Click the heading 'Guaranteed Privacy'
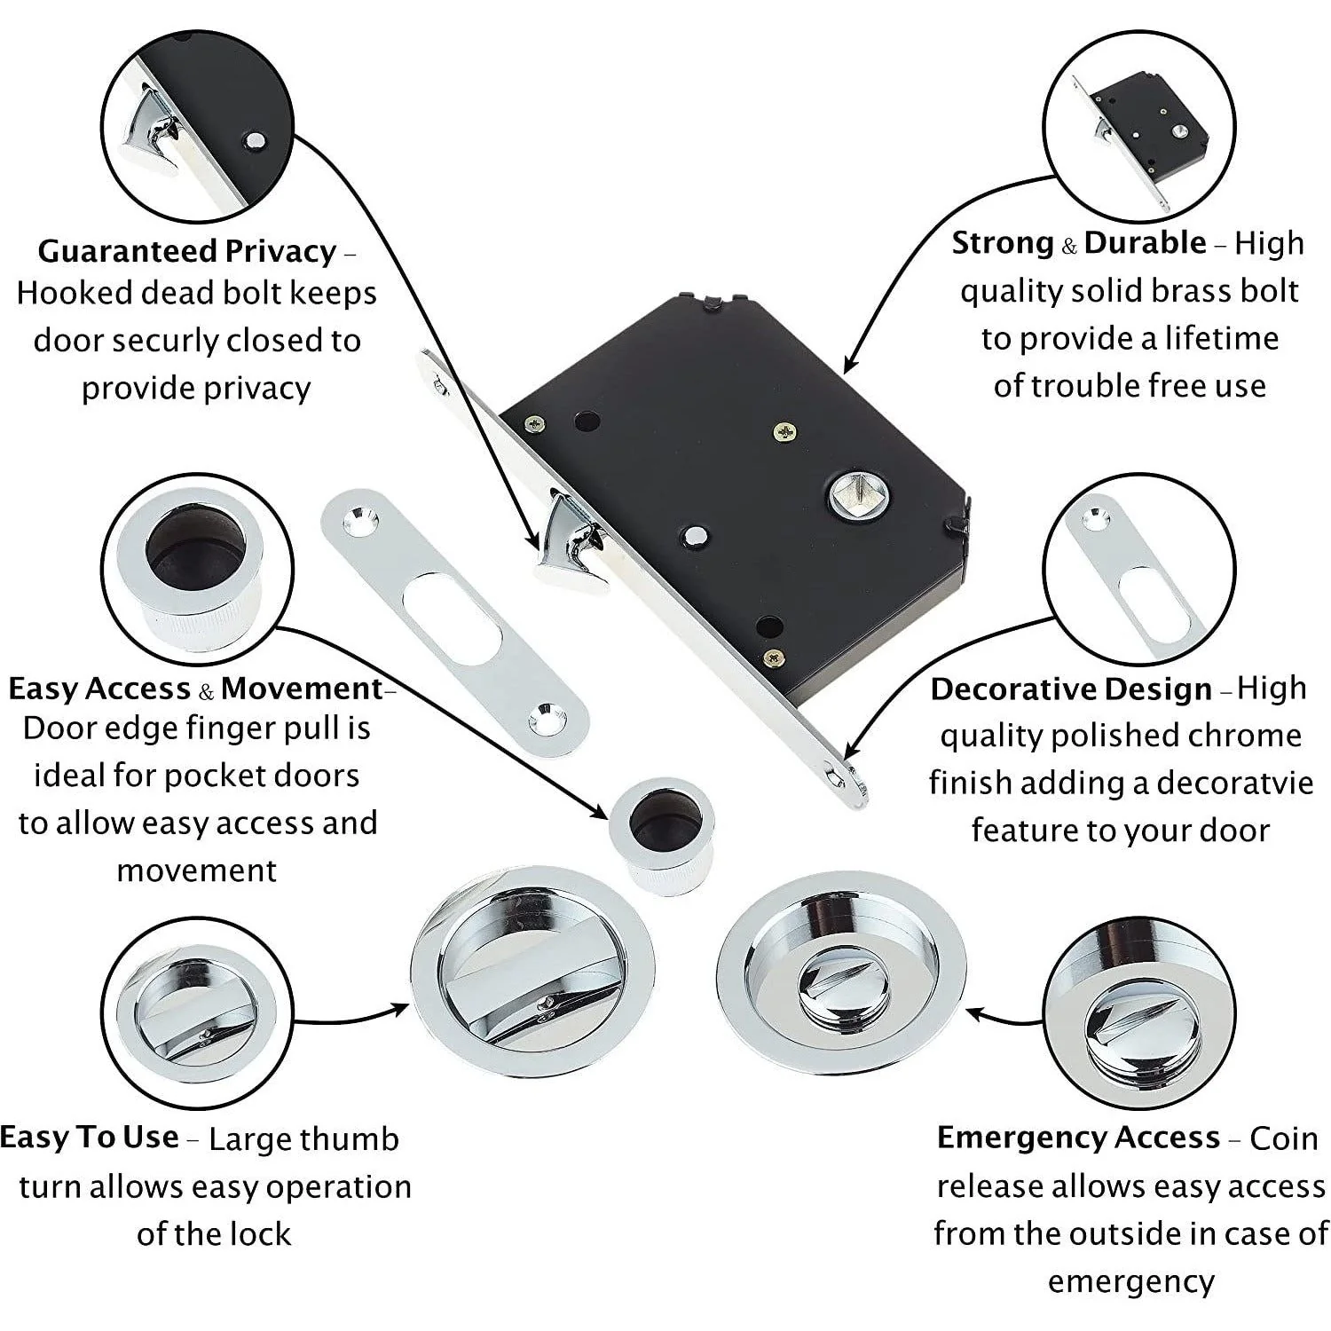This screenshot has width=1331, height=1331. [187, 251]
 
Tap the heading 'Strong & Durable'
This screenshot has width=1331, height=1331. [1079, 242]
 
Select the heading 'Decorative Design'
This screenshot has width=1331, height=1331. [1071, 689]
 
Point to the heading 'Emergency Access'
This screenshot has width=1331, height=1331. [1078, 1137]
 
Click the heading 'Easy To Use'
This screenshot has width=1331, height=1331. [89, 1137]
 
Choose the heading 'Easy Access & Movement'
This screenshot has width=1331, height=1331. [195, 689]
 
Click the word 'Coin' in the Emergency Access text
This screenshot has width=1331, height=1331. [1284, 1138]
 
